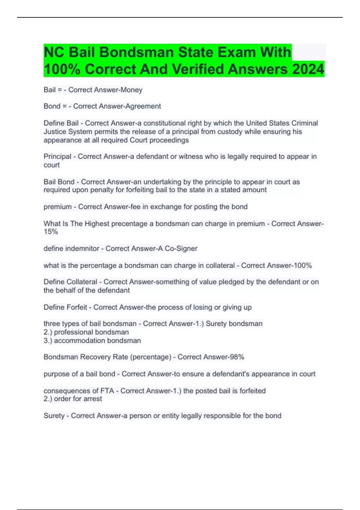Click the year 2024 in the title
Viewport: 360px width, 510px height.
tap(308, 69)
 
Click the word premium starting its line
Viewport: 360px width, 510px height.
tap(58, 207)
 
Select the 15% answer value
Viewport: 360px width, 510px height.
tap(51, 232)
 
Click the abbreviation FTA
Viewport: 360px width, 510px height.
tap(107, 391)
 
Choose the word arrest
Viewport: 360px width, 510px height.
tap(92, 399)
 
